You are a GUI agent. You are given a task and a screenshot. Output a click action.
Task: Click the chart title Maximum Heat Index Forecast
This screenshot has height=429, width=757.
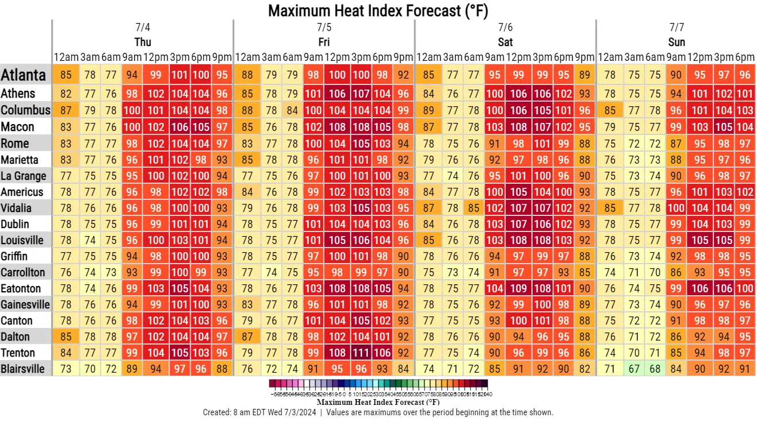click(378, 10)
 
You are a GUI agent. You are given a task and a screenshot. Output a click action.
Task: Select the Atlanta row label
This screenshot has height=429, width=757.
click(24, 75)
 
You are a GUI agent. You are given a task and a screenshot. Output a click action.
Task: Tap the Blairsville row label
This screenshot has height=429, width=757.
click(22, 369)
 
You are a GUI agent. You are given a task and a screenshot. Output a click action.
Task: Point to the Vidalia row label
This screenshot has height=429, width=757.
click(16, 208)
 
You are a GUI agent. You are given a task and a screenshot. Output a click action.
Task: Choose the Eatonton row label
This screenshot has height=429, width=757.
click(21, 288)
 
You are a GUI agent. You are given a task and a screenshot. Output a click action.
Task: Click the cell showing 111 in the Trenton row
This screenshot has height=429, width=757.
click(360, 353)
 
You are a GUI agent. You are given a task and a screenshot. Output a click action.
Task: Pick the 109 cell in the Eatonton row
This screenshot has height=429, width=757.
click(519, 288)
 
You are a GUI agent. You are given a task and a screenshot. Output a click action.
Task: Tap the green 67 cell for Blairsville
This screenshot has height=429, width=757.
click(634, 369)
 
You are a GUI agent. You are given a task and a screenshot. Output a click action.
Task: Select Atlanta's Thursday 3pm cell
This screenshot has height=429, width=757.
click(180, 75)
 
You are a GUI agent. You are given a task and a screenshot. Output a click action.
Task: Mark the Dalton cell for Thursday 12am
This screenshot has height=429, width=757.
click(66, 337)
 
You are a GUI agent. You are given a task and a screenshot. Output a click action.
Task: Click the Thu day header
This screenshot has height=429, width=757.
click(143, 42)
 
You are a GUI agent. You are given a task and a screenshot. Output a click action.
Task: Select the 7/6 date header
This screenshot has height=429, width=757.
click(506, 28)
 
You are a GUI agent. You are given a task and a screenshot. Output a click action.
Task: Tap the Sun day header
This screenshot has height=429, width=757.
click(677, 42)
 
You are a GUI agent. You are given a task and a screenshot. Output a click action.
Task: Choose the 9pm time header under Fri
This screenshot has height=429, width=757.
click(403, 57)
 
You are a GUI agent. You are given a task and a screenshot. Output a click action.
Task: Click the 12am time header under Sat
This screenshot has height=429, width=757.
click(428, 57)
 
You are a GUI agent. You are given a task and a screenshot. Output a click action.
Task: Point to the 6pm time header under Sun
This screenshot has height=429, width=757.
click(745, 57)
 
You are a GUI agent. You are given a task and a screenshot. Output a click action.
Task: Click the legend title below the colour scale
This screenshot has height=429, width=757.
click(378, 403)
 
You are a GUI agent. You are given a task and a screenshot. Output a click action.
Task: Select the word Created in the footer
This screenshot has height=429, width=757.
click(218, 412)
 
